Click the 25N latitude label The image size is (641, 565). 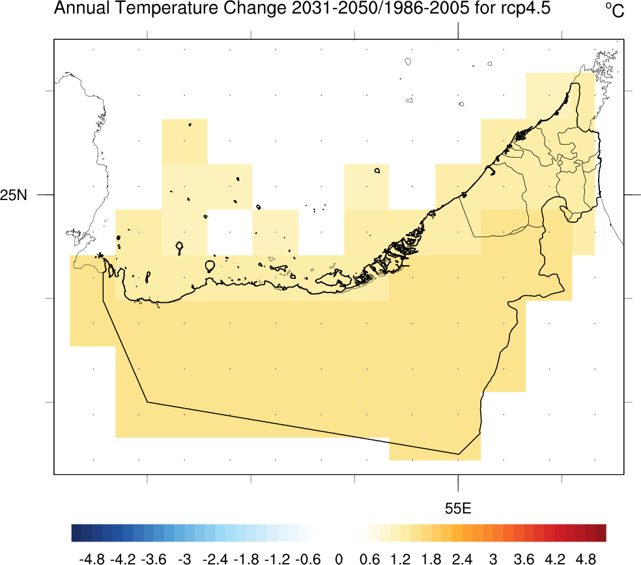(14, 195)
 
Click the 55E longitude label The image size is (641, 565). (458, 508)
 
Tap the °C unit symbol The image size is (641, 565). (614, 10)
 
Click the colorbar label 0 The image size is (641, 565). (339, 559)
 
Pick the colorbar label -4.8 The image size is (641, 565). (91, 559)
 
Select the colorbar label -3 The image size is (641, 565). (184, 559)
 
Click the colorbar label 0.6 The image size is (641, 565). (370, 559)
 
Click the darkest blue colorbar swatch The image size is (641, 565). (77, 533)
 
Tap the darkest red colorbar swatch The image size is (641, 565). (601, 533)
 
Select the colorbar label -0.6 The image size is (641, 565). (307, 559)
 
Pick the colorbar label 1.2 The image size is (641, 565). (401, 559)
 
